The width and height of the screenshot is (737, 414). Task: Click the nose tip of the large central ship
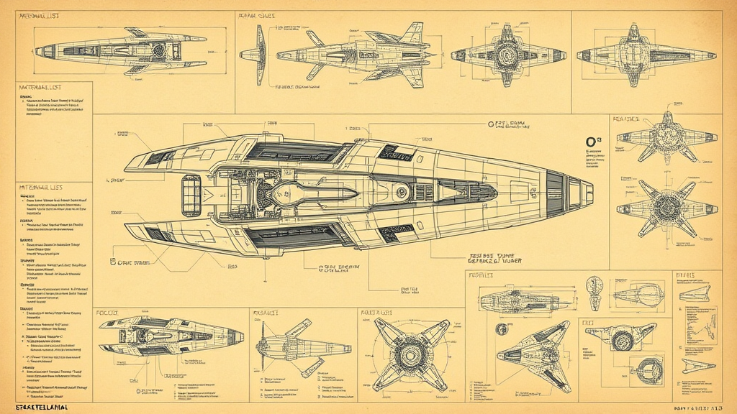click(x=592, y=193)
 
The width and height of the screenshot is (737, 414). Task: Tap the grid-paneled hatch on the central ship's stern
click(x=191, y=194)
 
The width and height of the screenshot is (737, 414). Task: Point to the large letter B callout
click(x=113, y=262)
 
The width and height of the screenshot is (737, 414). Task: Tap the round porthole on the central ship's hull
click(x=399, y=192)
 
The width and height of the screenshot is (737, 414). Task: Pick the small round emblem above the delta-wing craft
click(x=593, y=285)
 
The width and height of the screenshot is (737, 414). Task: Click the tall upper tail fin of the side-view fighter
click(x=412, y=32)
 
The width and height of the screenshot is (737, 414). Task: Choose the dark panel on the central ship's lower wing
click(x=291, y=236)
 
